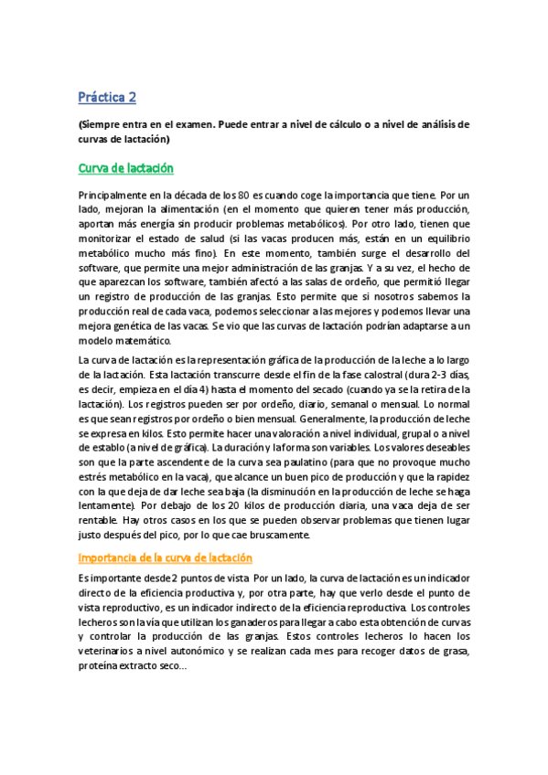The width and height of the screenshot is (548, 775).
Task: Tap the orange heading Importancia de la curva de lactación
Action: pos(166,557)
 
